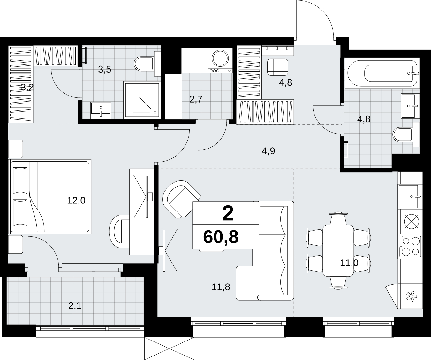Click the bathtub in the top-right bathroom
(382, 73)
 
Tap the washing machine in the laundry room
(220, 60)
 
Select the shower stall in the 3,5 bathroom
(142, 100)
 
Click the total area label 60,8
(221, 237)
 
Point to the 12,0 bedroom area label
(76, 200)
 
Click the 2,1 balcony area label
(75, 306)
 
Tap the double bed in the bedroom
(50, 197)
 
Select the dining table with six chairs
(338, 250)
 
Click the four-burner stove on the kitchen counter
(410, 247)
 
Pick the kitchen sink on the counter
(408, 197)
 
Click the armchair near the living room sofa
(181, 200)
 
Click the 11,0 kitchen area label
(349, 263)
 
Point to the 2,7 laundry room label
(196, 99)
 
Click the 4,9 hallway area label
(268, 151)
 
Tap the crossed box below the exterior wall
(169, 349)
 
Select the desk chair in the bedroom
(119, 231)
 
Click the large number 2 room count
(228, 214)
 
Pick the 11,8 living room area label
(221, 287)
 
